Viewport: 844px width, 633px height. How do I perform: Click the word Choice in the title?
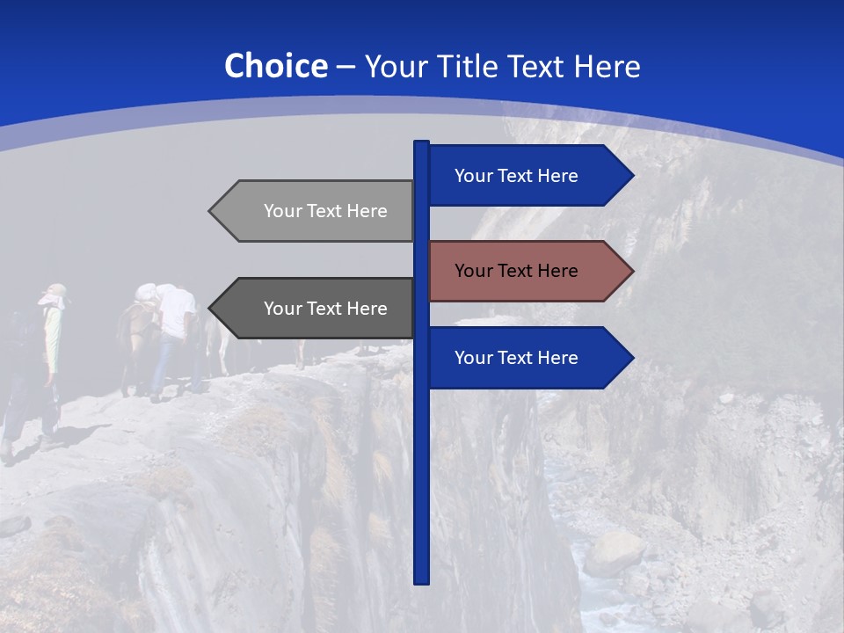coord(275,66)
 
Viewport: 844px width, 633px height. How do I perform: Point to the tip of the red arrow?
coord(632,271)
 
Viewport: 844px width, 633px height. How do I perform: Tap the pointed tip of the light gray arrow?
coord(210,211)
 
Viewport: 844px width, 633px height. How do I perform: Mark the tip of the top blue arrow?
coord(632,176)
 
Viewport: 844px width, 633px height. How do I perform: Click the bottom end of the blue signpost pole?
coord(422,580)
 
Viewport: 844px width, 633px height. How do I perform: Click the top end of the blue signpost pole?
coord(422,143)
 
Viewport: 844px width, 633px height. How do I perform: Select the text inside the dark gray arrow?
coord(325,309)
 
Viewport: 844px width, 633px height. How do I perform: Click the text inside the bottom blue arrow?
coord(516,358)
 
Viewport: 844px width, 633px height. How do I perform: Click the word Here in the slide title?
coord(607,66)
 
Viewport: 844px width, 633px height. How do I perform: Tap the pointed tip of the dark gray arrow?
coord(210,309)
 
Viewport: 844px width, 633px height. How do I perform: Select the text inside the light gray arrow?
coord(325,211)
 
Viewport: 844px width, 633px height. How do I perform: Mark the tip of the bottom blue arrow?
coord(632,358)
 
